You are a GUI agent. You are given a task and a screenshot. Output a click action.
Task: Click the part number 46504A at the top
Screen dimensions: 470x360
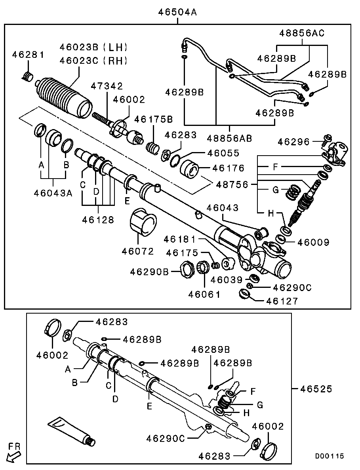177,12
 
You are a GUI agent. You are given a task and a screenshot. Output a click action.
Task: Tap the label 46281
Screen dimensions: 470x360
28,55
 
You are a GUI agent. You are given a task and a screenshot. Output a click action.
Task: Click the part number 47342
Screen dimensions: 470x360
107,86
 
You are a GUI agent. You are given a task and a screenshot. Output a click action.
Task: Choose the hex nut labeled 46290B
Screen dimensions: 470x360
187,270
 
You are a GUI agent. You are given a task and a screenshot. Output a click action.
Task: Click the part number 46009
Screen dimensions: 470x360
314,242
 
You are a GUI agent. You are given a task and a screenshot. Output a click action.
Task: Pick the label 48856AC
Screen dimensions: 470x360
302,33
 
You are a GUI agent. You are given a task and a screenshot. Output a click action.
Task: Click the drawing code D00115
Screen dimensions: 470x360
329,456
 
